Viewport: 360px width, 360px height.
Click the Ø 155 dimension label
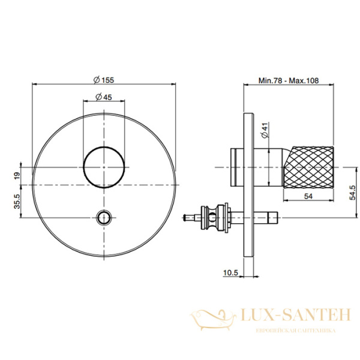click(104, 80)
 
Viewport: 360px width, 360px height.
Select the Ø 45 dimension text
click(104, 97)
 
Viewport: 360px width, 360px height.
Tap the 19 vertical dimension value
click(17, 176)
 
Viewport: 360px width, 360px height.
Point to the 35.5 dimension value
click(17, 201)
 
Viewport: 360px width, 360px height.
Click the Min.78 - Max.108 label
click(289, 80)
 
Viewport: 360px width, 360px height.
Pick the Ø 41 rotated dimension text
click(265, 130)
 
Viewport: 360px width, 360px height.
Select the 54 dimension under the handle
click(308, 196)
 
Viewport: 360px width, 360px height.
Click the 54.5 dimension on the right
click(352, 193)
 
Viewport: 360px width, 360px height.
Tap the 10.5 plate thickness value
click(230, 272)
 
